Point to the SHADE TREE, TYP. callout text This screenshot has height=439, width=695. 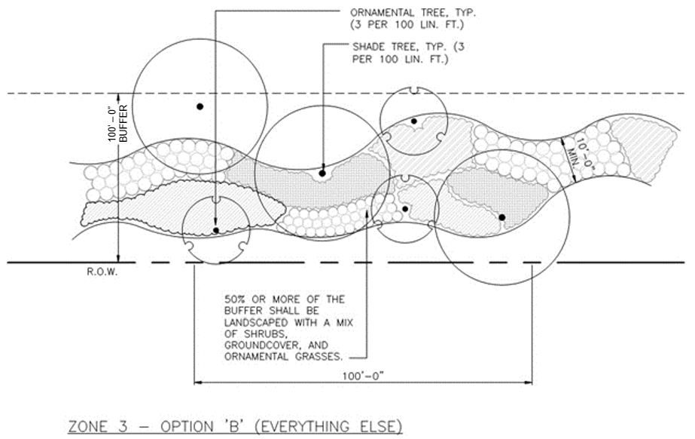399,47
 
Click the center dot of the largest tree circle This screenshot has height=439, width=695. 200,106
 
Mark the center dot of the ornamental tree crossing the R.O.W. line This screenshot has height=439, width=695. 216,230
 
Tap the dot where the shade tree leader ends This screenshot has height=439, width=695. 322,173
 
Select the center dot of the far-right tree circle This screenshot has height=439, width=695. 501,217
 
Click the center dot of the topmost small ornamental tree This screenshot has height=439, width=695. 413,121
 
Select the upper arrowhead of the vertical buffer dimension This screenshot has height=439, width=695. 118,94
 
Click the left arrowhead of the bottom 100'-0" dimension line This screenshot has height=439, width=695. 197,382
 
